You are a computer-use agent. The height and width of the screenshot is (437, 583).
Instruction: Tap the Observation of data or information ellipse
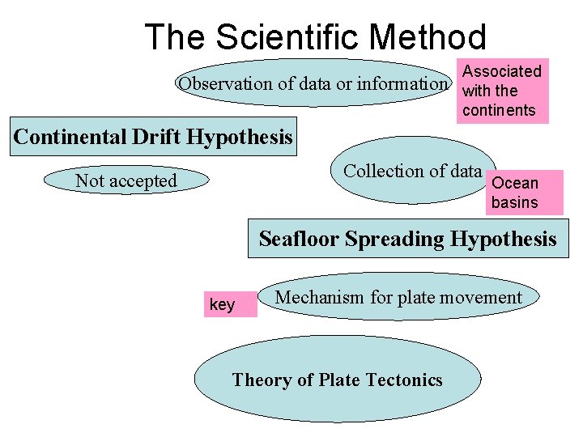click(x=313, y=83)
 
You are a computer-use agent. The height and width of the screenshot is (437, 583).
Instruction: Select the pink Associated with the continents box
click(x=502, y=91)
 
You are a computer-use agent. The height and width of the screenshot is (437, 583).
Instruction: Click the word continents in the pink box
click(x=499, y=110)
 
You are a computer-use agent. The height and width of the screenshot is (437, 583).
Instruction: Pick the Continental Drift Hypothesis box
click(x=153, y=137)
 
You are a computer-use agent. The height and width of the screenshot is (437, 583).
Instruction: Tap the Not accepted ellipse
click(x=126, y=180)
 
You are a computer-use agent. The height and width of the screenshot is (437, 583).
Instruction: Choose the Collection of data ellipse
click(x=412, y=171)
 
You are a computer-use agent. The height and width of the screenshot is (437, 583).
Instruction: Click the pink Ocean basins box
click(x=525, y=192)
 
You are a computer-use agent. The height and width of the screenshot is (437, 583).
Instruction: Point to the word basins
click(x=514, y=202)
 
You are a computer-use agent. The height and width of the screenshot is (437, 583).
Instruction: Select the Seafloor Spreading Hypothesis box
click(x=407, y=239)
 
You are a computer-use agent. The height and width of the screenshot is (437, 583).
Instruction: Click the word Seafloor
click(x=299, y=239)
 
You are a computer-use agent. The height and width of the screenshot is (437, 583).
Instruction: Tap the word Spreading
click(x=395, y=239)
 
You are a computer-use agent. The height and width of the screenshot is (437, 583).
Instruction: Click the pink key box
click(x=229, y=304)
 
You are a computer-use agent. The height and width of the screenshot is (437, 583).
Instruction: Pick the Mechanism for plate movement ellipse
click(x=398, y=298)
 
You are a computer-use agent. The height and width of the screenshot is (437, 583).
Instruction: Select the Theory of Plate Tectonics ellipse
click(x=337, y=380)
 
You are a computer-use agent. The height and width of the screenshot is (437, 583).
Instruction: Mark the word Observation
click(x=226, y=83)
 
